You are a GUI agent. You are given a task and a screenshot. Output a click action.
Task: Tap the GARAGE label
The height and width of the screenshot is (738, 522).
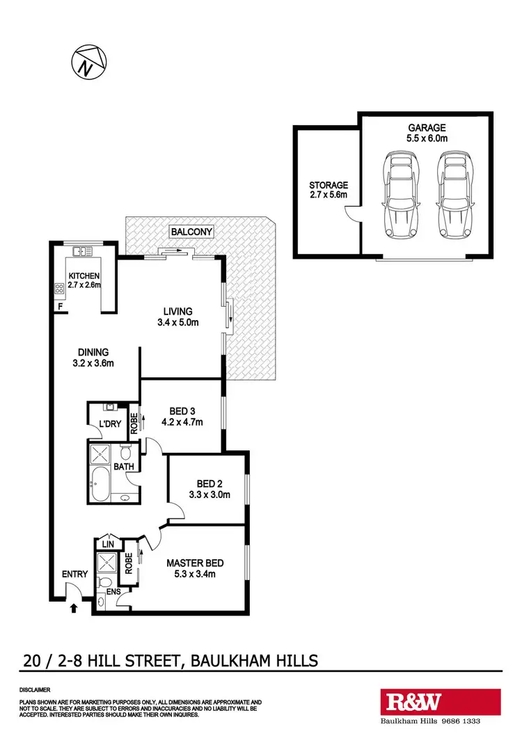427,127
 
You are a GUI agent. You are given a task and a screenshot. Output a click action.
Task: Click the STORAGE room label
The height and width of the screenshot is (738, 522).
329,185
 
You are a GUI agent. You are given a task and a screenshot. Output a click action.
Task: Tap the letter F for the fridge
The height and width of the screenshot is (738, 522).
61,305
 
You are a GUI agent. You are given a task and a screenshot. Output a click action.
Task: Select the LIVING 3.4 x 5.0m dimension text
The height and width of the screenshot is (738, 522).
177,322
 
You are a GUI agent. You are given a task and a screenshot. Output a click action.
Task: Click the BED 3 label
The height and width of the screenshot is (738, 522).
181,410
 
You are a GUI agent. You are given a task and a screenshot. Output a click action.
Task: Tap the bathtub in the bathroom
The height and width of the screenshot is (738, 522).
104,481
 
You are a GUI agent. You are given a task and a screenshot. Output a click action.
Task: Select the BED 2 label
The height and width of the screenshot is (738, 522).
205,483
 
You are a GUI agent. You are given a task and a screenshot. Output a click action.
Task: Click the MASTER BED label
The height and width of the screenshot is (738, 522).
195,563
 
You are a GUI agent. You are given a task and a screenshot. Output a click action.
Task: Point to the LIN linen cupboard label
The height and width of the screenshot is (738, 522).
107,543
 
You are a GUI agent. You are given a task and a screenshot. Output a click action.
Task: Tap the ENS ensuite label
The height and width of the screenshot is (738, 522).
113,592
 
